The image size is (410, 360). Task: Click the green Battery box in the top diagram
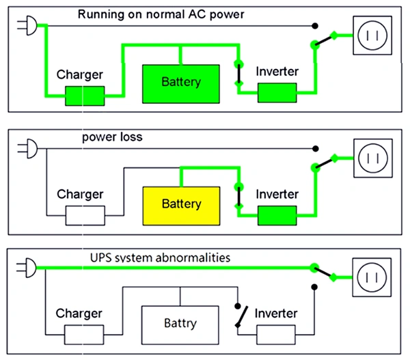(x=181, y=83)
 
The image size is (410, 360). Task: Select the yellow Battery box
(x=181, y=204)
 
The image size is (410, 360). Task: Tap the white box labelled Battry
(x=181, y=322)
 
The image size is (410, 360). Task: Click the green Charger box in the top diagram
(x=85, y=96)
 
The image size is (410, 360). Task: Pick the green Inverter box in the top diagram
(x=277, y=93)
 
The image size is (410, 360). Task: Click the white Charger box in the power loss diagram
(x=85, y=217)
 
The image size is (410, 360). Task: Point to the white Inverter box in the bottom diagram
(x=277, y=335)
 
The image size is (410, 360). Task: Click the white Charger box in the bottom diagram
(x=85, y=335)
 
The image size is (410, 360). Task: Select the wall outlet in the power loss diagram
(x=372, y=159)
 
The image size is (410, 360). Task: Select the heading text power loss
(x=111, y=137)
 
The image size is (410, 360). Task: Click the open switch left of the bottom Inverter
(x=239, y=316)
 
